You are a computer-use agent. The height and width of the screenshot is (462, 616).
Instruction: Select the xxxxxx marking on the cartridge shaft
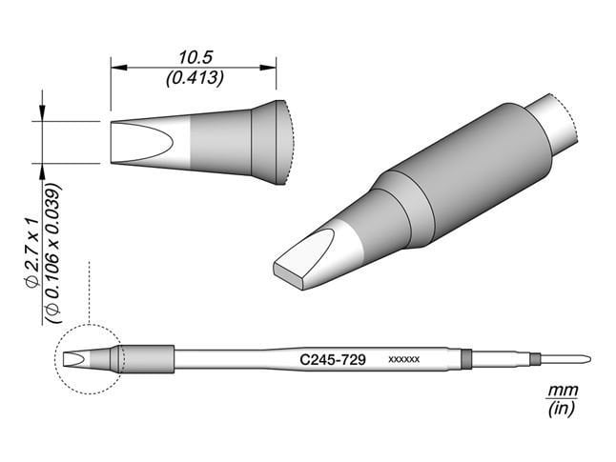(405, 360)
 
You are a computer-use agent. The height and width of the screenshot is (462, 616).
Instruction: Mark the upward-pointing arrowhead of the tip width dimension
(43, 169)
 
